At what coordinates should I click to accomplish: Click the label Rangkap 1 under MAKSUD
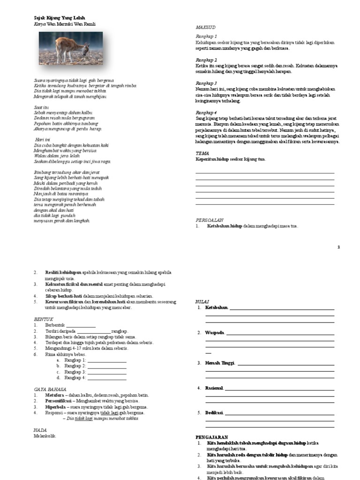206,36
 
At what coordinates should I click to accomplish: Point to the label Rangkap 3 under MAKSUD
206,83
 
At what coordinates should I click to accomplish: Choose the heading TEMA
202,153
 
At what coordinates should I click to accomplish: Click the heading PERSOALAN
209,220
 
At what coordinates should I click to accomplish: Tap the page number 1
338,247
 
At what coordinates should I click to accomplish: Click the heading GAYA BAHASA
50,390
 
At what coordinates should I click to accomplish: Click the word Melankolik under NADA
45,435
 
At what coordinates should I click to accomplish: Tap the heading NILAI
202,301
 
